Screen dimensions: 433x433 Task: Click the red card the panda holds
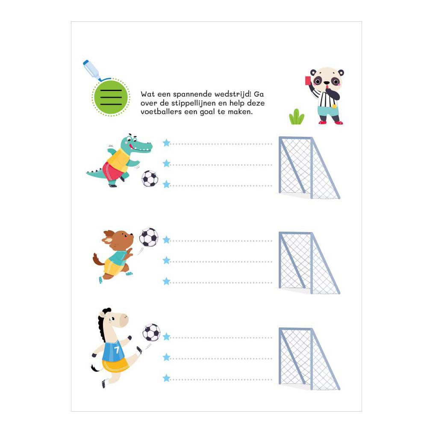(x=308, y=81)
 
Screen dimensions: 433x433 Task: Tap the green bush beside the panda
(x=297, y=117)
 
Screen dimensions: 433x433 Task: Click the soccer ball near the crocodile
(x=150, y=178)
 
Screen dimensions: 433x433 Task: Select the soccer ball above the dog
(x=149, y=237)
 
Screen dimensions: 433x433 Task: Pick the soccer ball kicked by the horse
(x=151, y=333)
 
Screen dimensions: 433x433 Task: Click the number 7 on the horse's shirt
(x=117, y=350)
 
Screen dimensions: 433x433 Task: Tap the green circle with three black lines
(x=111, y=97)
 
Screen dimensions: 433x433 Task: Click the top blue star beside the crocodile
(x=166, y=143)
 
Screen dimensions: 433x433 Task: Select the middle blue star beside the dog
(x=166, y=260)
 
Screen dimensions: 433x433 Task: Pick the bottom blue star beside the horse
(x=166, y=378)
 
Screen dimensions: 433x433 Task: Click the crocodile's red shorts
(x=112, y=171)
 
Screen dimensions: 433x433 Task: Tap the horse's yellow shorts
(x=116, y=365)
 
